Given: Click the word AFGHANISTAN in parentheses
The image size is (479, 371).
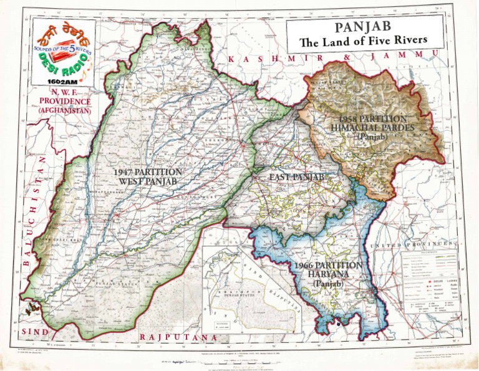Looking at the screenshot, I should [64, 110].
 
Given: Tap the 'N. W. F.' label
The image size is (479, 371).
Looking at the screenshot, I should [64, 91].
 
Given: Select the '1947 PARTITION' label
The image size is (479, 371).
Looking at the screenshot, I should [147, 172].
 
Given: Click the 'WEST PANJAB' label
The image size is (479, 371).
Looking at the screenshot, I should [147, 181].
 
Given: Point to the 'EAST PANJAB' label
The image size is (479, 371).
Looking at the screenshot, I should [297, 178].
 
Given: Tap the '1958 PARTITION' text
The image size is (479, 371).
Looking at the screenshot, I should [374, 118].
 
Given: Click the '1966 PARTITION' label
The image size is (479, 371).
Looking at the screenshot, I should [325, 266].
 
